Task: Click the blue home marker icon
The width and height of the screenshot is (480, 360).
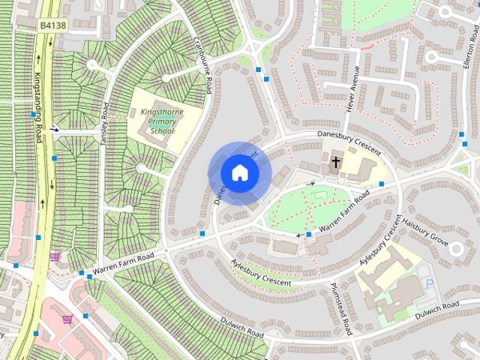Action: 240,173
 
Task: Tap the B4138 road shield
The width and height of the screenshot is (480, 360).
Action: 52,25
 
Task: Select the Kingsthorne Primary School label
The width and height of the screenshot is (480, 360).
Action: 157,121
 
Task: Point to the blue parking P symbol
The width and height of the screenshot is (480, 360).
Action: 430,284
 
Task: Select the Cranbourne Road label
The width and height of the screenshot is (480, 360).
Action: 203,64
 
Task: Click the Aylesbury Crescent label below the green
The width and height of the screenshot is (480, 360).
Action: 261,271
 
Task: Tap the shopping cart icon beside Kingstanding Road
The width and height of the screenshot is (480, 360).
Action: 54,256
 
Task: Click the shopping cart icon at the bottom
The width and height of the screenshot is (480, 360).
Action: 67,319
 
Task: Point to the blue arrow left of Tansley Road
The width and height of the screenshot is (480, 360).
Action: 55,128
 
